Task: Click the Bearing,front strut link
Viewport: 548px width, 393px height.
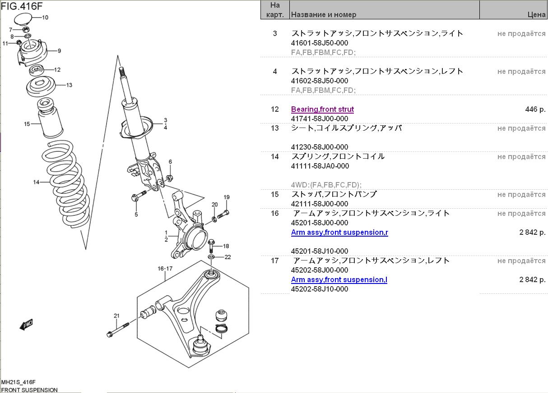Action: click(x=322, y=109)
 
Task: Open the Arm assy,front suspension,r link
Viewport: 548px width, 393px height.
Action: click(x=339, y=232)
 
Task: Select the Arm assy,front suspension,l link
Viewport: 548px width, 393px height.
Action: click(x=339, y=280)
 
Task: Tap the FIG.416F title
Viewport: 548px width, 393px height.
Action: click(x=22, y=6)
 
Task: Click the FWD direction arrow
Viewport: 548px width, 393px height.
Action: click(x=26, y=324)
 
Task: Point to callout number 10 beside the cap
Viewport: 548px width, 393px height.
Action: click(x=45, y=18)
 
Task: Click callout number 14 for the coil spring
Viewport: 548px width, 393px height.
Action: click(x=36, y=182)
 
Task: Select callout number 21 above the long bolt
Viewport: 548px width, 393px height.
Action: click(x=116, y=316)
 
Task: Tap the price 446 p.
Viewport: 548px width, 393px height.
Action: click(x=535, y=109)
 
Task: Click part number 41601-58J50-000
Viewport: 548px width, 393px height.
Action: click(x=320, y=43)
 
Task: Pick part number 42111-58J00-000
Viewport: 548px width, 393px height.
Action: click(x=320, y=204)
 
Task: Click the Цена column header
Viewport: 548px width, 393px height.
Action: click(x=536, y=15)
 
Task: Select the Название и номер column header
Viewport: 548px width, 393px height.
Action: click(x=323, y=15)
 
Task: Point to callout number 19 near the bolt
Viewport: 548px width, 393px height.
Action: click(x=227, y=197)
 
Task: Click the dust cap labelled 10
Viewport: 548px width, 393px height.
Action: click(x=23, y=19)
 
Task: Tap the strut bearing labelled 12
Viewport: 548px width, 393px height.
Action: click(x=37, y=71)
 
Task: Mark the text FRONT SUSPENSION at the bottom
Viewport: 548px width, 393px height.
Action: click(x=29, y=390)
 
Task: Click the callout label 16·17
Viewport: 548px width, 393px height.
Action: click(x=165, y=269)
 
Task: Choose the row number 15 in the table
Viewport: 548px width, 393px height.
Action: click(x=275, y=194)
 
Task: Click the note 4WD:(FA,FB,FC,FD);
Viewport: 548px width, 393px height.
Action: click(x=326, y=185)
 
